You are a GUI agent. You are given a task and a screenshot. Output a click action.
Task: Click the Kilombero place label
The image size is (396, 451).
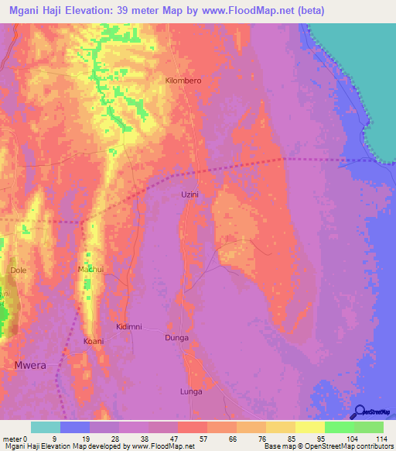tap(183, 81)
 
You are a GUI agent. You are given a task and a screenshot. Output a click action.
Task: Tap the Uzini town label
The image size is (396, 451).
tap(190, 195)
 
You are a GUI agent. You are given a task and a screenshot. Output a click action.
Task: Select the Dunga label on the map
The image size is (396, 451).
tap(177, 338)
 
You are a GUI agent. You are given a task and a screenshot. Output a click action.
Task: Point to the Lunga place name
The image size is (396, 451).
tap(190, 391)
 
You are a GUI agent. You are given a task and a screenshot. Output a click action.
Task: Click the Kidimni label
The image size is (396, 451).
tap(128, 327)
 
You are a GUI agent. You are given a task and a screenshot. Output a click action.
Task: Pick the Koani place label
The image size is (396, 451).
tap(93, 341)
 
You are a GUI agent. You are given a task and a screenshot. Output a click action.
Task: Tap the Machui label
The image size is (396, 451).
tap(90, 269)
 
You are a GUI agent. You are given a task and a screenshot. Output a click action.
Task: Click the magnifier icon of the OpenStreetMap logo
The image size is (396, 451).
tap(358, 412)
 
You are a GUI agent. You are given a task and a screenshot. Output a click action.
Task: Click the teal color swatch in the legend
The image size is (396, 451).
tap(46, 427)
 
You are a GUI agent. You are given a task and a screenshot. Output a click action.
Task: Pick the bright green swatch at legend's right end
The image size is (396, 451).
tap(369, 427)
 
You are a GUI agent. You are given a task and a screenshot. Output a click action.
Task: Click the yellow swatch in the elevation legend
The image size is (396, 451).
tap(310, 427)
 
